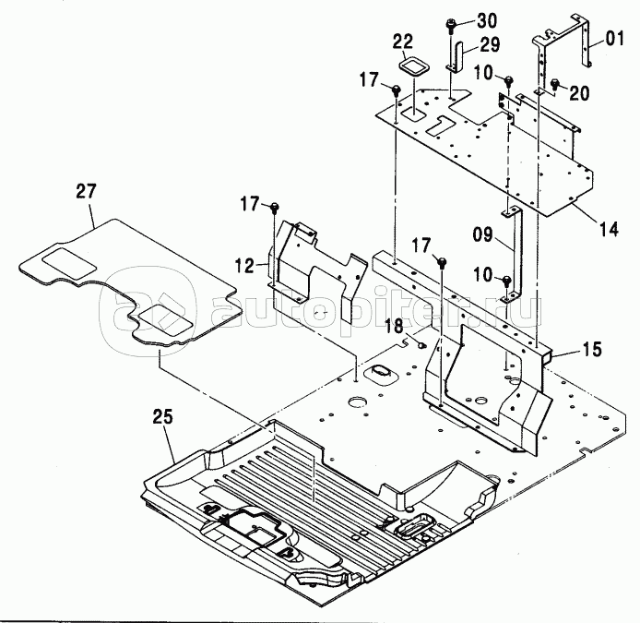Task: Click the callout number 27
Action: click(86, 192)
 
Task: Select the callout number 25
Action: click(163, 417)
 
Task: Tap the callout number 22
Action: click(403, 42)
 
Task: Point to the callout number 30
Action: click(487, 20)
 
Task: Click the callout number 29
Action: click(490, 44)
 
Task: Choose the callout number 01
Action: click(614, 39)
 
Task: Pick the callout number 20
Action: click(579, 93)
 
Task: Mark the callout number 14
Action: click(609, 229)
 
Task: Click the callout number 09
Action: click(483, 235)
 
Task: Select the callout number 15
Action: click(592, 349)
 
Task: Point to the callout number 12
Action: click(244, 266)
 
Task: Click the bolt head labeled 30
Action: click(451, 23)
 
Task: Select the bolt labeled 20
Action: click(555, 84)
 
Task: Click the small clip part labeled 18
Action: click(421, 345)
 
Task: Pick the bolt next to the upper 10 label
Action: click(508, 80)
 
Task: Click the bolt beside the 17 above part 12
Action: click(275, 208)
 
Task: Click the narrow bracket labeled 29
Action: click(456, 57)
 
